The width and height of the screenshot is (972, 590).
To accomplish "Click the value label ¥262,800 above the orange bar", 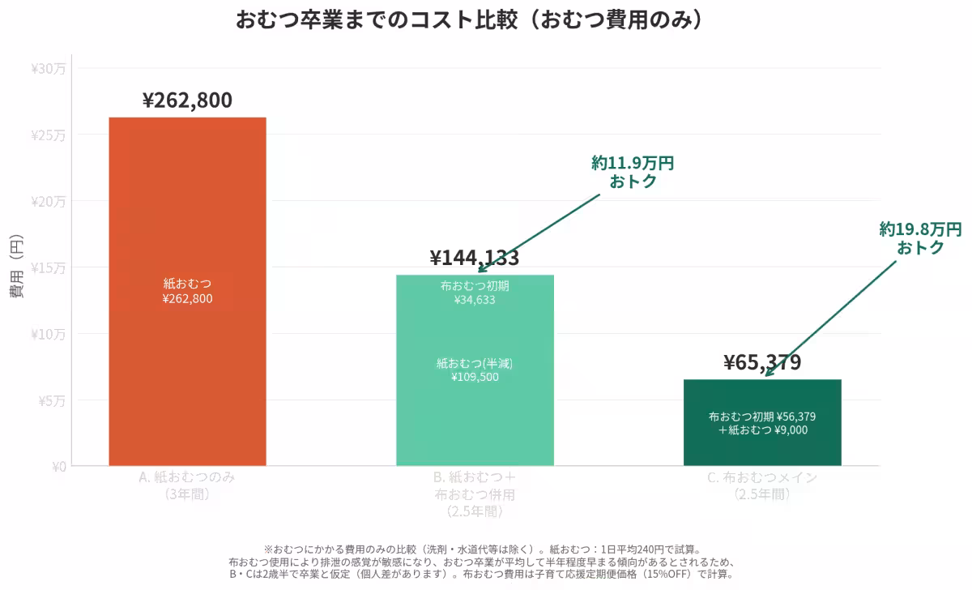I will click(x=187, y=100).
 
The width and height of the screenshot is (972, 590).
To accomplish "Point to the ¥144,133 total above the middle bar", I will click(x=475, y=258).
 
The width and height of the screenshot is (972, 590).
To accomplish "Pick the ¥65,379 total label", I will click(x=762, y=362).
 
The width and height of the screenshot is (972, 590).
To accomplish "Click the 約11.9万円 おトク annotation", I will click(x=633, y=172).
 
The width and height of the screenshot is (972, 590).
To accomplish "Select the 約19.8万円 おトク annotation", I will click(x=921, y=238).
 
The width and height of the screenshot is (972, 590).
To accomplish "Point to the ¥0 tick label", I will click(x=58, y=466).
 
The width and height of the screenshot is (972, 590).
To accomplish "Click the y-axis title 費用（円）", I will click(x=17, y=267).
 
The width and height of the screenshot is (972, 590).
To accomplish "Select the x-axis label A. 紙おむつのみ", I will click(x=187, y=485).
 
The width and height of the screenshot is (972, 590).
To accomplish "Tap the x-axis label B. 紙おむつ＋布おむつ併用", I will click(x=475, y=494).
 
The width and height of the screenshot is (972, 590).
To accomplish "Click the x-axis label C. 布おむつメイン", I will click(x=762, y=485).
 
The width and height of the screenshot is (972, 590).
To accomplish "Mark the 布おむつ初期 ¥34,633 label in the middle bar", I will click(x=475, y=293).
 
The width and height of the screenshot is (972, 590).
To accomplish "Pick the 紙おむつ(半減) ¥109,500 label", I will click(x=475, y=370).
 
